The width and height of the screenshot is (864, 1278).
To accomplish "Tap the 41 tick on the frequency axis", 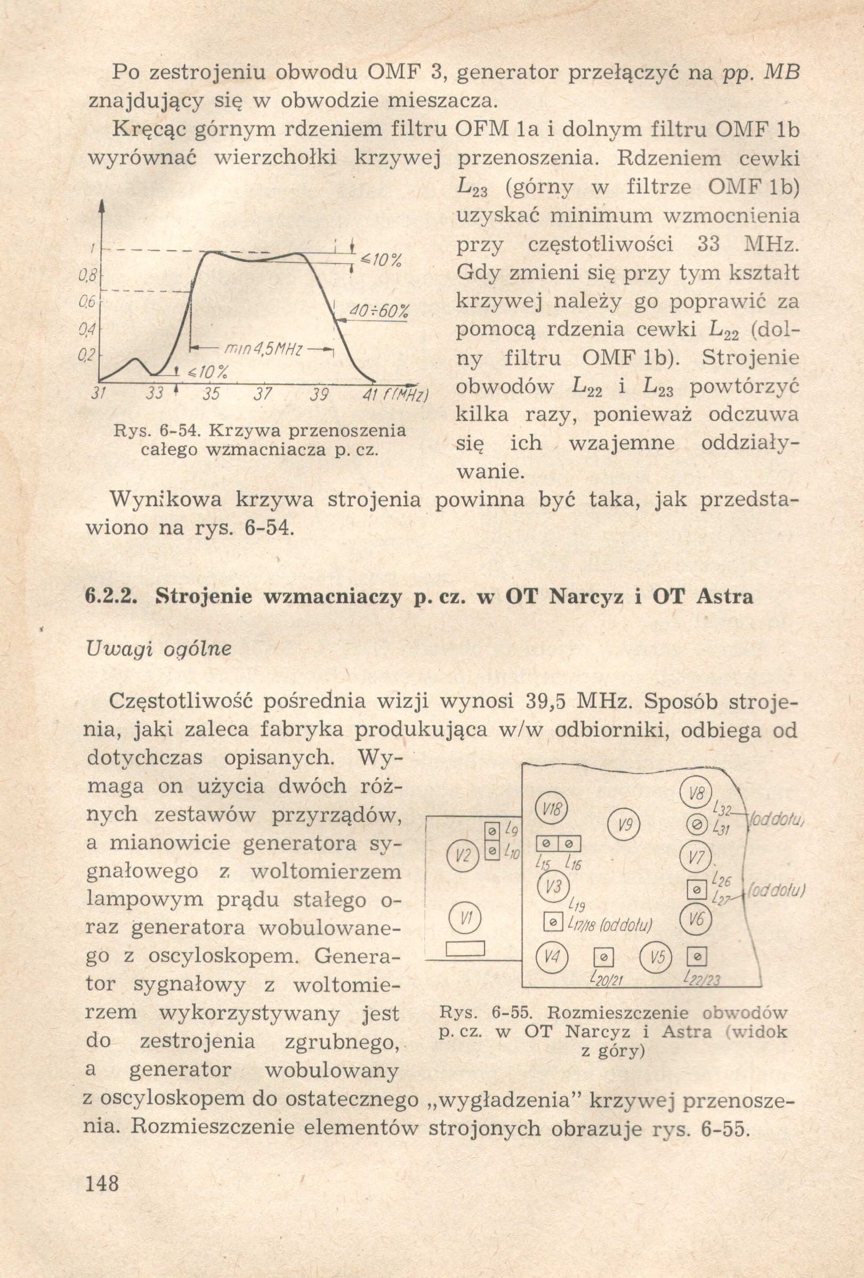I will [369, 394].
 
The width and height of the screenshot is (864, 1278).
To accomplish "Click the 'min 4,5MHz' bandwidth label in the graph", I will [263, 349].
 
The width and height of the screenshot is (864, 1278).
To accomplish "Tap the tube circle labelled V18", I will [551, 809].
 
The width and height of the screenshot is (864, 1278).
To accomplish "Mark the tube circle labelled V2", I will [464, 856].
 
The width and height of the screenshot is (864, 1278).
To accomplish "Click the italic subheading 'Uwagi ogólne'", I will [159, 649].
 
